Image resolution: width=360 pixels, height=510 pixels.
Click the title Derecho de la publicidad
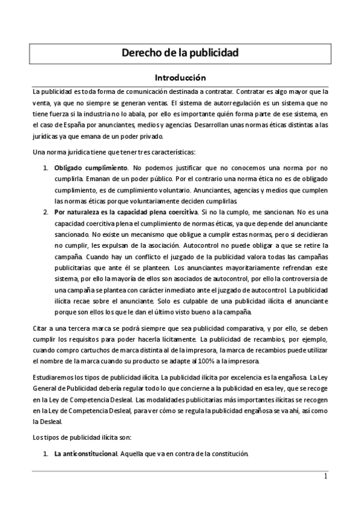click(180, 53)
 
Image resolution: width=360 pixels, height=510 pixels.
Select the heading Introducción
click(180, 78)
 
